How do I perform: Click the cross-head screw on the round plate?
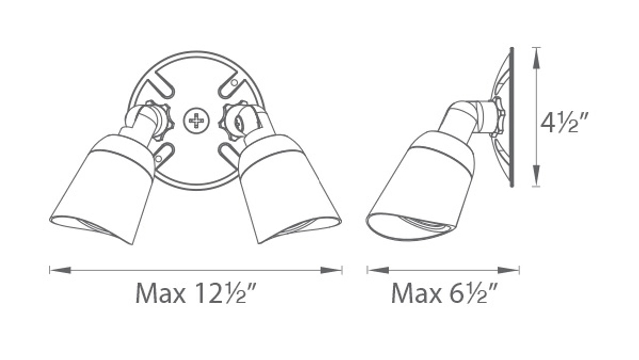pos(197,121)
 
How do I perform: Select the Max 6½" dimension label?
pos(444,293)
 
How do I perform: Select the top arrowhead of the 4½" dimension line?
pos(536,58)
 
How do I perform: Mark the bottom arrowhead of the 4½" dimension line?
pos(536,175)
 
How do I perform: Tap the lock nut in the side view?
pos(498,117)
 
